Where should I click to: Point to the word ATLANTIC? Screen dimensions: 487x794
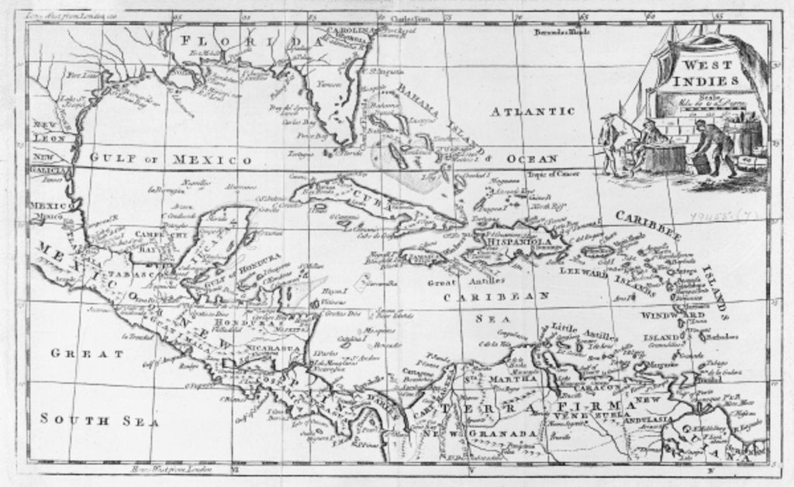coord(533,112)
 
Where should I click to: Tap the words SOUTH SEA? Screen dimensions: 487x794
coord(99,421)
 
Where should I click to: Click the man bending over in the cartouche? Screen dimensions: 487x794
coord(713,147)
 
